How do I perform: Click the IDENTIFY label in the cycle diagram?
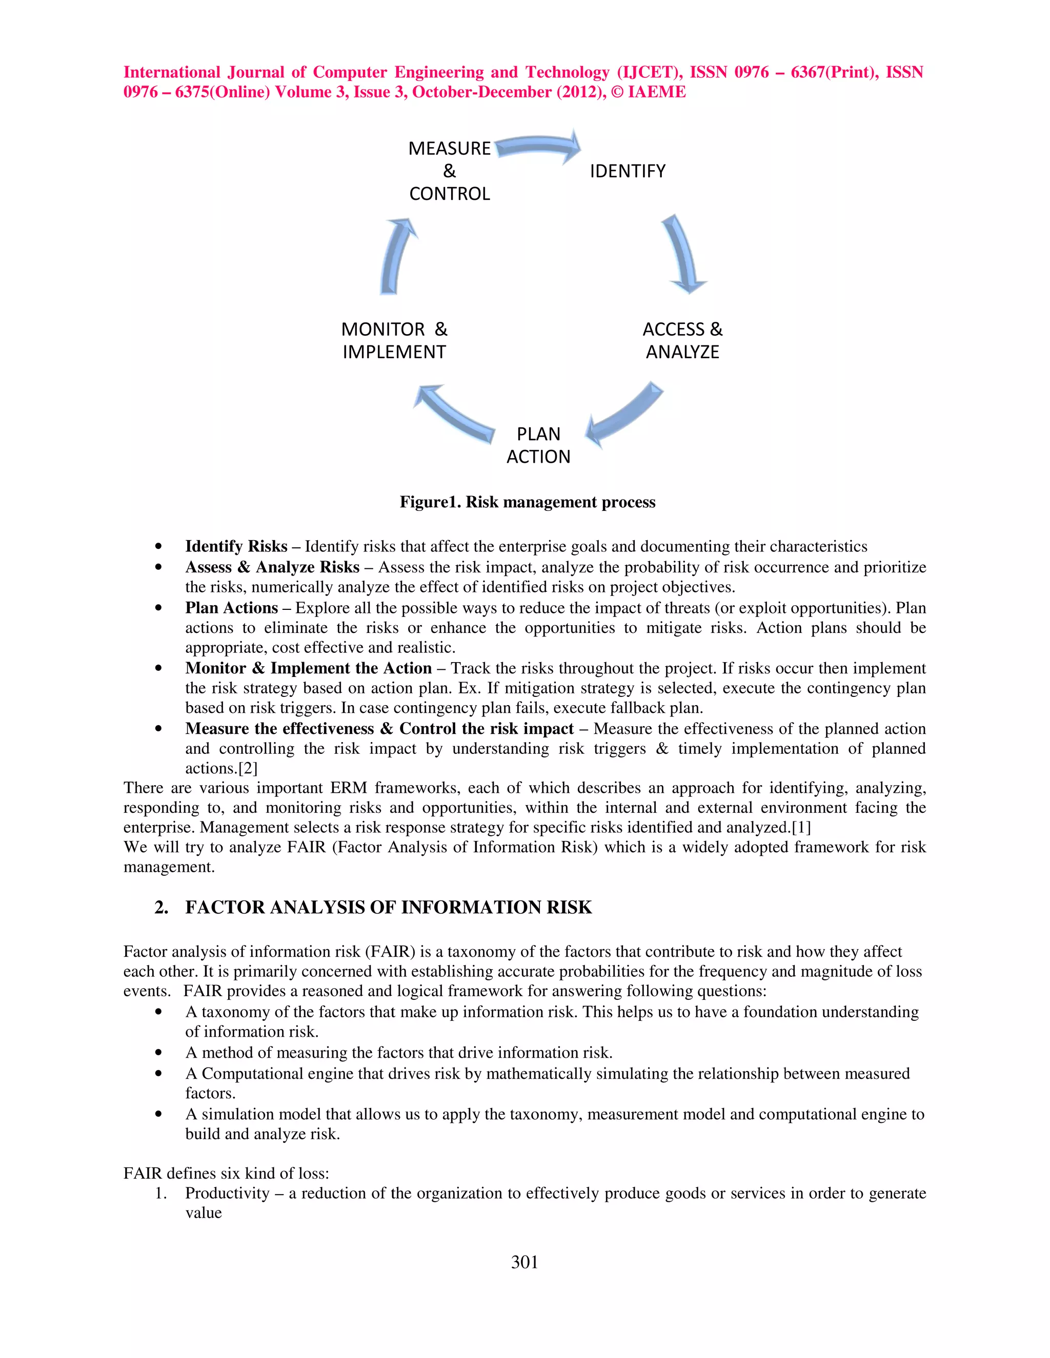627,171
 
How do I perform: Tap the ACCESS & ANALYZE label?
682,341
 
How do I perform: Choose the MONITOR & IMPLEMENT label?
394,341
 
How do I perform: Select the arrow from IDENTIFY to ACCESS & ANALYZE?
683,254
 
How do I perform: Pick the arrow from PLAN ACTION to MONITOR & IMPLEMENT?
454,414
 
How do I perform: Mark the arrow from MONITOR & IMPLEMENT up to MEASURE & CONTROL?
396,255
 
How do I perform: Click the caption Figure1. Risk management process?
527,502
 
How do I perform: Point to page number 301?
524,1262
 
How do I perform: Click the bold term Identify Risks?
236,547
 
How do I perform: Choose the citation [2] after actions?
248,769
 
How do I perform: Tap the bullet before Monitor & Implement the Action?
159,668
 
